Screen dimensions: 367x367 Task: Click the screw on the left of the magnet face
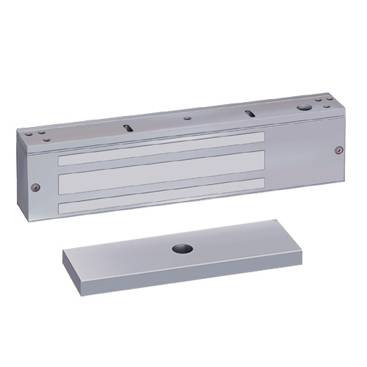(34, 186)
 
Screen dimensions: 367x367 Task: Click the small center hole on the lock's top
(189, 115)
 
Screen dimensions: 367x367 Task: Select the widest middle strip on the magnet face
(161, 172)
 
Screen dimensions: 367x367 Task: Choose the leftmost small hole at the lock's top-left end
(31, 134)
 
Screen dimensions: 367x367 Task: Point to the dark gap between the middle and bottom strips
(161, 189)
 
